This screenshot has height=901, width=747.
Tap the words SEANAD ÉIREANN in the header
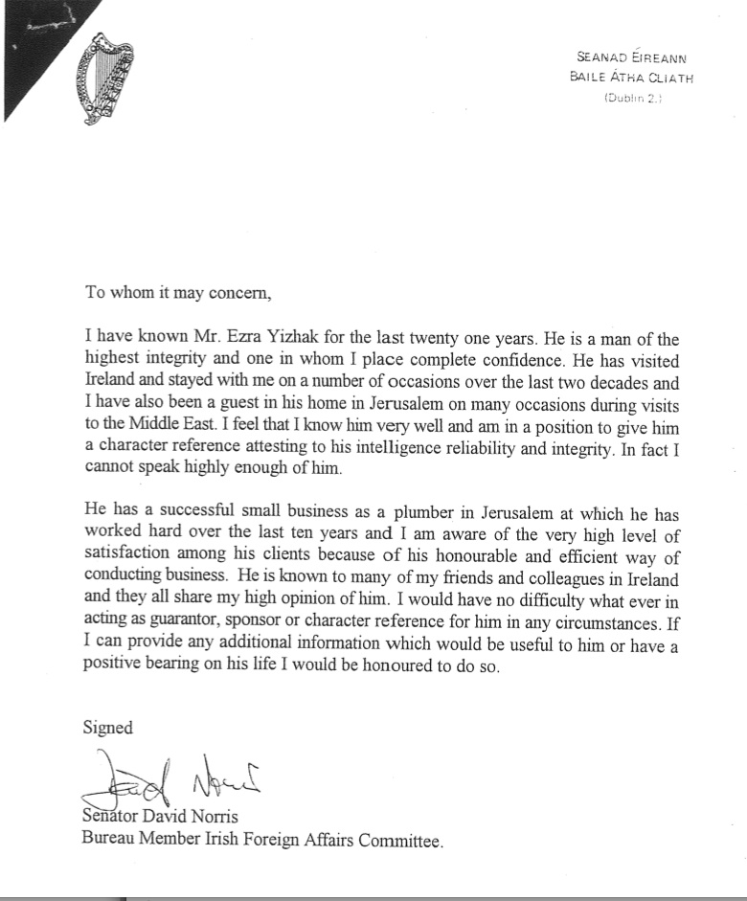click(632, 58)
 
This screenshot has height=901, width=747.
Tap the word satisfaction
click(124, 560)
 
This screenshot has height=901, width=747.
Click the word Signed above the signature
click(108, 728)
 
